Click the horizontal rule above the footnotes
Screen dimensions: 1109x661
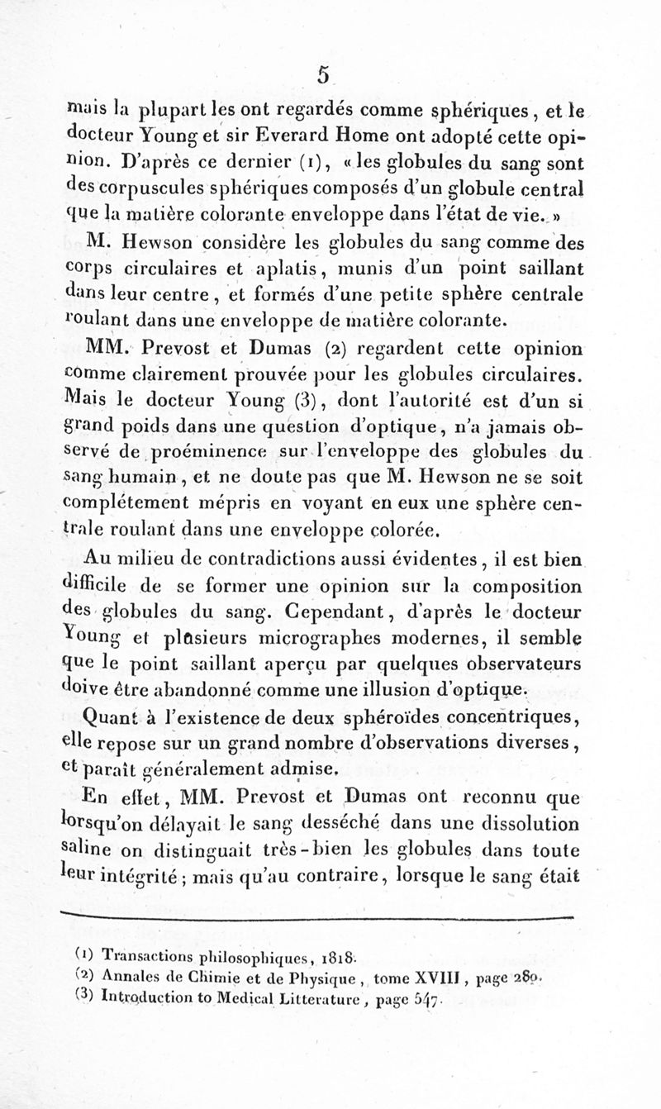tap(317, 916)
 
